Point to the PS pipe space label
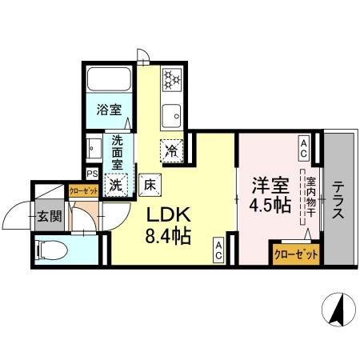(92, 173)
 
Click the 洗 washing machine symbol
(117, 184)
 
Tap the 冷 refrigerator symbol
(171, 149)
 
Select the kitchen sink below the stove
(171, 114)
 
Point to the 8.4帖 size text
(168, 237)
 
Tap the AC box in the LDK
(218, 250)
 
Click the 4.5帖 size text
(269, 205)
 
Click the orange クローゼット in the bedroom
(296, 254)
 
